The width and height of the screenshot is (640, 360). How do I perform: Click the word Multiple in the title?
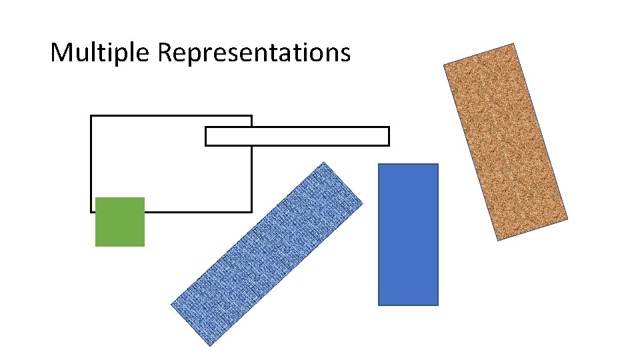(101, 52)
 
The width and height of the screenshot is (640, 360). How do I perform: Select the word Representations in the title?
(254, 52)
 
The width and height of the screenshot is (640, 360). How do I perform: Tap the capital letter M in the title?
(61, 51)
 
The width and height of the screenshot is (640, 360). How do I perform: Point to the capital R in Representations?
(165, 51)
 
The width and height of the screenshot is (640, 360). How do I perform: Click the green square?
(120, 222)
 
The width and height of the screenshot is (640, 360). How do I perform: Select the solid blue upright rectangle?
(408, 235)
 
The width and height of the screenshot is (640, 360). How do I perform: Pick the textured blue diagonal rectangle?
(267, 253)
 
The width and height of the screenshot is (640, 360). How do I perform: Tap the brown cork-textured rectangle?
(505, 141)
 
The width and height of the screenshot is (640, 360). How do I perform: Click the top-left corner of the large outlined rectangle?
(91, 116)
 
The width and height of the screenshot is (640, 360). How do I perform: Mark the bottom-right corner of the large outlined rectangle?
(251, 211)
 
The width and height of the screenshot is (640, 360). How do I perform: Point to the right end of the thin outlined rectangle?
(388, 136)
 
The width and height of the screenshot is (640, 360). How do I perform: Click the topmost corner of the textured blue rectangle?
(323, 162)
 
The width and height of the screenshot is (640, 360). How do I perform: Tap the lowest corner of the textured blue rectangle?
(209, 345)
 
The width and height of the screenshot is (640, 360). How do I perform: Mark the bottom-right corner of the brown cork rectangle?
(567, 218)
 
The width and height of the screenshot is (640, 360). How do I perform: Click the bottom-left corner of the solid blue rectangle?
(379, 305)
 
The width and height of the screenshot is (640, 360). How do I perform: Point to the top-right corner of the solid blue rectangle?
(438, 164)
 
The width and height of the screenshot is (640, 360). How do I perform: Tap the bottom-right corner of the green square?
(144, 246)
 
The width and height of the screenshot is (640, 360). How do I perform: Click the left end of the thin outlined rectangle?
(206, 136)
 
